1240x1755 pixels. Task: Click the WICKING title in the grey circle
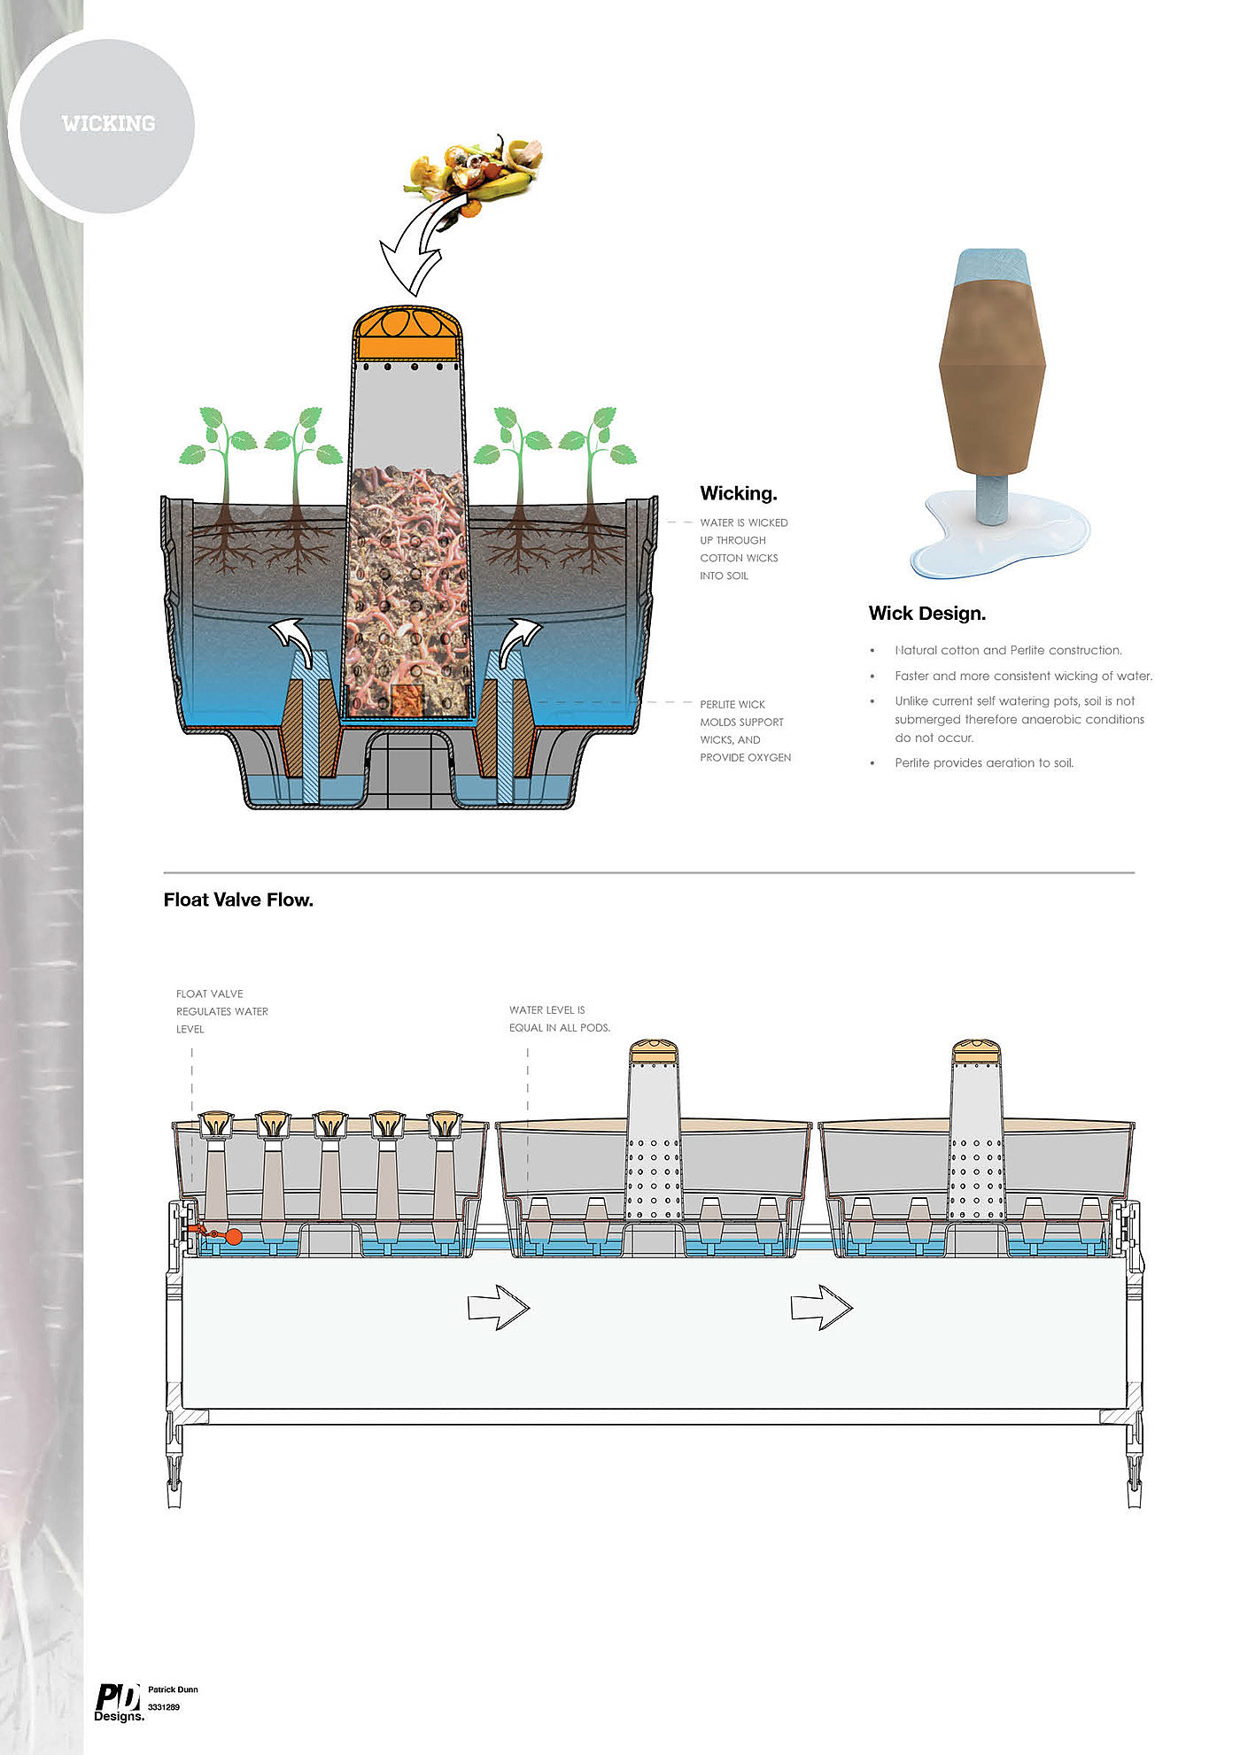[x=108, y=123]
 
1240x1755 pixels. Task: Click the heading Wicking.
[x=738, y=493]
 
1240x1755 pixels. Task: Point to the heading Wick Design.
[x=926, y=613]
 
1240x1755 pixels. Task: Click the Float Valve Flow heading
[x=238, y=900]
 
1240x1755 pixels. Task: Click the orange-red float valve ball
[x=233, y=1237]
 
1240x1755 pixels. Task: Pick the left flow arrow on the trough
[x=499, y=1307]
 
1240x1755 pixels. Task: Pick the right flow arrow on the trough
[x=822, y=1307]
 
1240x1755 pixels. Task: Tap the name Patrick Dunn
[x=173, y=1689]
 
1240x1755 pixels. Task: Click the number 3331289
[x=164, y=1706]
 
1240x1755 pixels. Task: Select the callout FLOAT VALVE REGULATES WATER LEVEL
[x=222, y=1011]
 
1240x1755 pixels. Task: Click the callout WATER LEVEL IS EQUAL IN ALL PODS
[x=560, y=1018]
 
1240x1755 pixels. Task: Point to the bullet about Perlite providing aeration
[x=984, y=762]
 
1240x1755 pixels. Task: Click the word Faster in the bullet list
[x=912, y=676]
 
